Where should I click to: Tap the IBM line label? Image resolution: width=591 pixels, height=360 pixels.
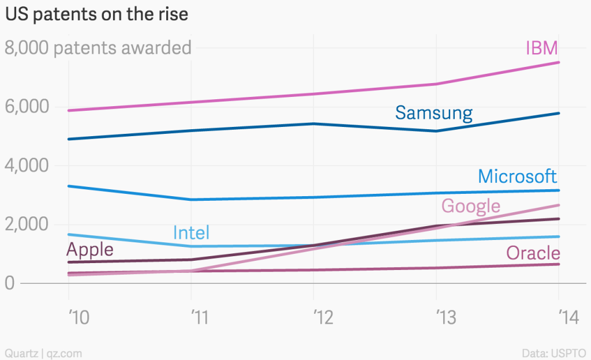541,48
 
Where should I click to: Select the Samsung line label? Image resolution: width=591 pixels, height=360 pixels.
433,112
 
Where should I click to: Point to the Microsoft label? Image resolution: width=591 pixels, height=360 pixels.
517,176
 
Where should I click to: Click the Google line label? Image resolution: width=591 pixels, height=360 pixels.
470,205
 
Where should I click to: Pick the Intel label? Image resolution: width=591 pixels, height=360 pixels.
191,233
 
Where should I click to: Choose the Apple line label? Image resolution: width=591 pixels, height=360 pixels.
90,250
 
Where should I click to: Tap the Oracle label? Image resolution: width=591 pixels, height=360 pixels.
533,253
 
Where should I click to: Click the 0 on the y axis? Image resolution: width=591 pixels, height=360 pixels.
10,283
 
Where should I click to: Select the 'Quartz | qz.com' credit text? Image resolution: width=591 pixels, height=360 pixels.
44,352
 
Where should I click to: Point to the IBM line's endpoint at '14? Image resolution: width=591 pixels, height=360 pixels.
559,62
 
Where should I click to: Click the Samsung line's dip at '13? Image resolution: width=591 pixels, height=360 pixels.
436,131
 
